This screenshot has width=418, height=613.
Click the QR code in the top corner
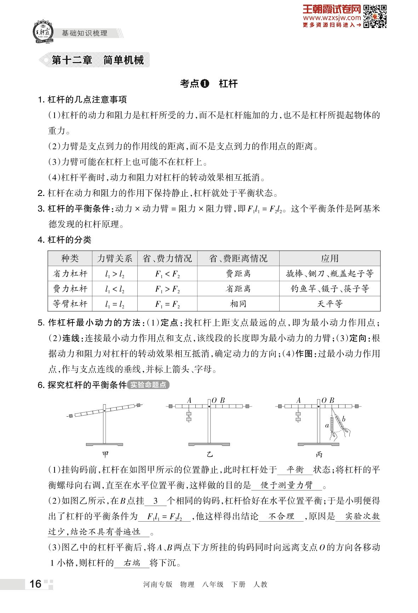tap(375, 16)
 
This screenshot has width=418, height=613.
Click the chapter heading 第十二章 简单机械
tap(98, 60)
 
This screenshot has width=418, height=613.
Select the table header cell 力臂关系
tap(115, 258)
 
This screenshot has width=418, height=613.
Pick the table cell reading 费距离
tap(238, 274)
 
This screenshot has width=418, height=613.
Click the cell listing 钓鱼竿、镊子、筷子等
tap(330, 289)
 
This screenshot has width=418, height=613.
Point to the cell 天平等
tap(330, 304)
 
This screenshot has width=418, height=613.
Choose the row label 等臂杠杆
tap(70, 304)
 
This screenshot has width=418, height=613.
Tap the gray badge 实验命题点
tap(148, 385)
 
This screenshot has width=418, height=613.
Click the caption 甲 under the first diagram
tap(105, 454)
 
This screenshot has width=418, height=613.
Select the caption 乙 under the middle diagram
tap(210, 454)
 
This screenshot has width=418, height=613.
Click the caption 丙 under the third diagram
tap(319, 454)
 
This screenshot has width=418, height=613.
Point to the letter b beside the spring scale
tap(343, 419)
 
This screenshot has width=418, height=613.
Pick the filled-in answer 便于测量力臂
tap(287, 485)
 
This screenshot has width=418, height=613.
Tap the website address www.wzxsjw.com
tap(332, 18)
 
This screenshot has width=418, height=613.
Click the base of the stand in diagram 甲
tap(104, 444)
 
